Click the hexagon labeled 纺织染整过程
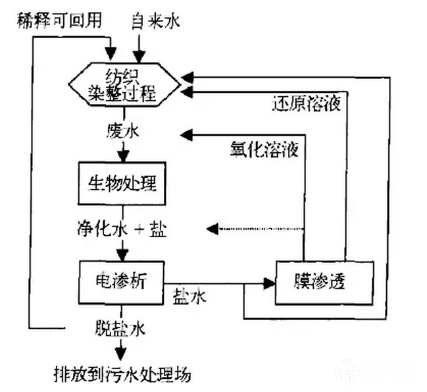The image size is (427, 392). tap(123, 83)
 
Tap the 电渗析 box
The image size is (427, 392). tap(120, 281)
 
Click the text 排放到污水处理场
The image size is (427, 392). tap(122, 374)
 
